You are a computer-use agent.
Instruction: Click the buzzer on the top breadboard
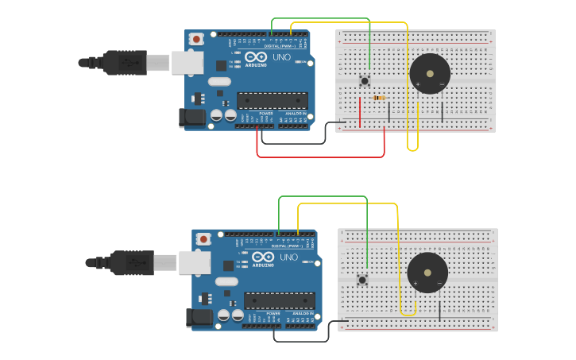[430, 74]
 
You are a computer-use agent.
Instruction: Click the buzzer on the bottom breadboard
[427, 273]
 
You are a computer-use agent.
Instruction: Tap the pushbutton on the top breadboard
[365, 80]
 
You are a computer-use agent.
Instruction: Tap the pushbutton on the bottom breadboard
[362, 279]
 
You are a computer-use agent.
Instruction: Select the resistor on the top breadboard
[380, 98]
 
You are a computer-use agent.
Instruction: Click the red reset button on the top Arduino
[196, 38]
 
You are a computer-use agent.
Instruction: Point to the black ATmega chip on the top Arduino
[273, 100]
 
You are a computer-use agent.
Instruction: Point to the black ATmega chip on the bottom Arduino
[279, 300]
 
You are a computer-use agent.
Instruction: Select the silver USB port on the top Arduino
[187, 63]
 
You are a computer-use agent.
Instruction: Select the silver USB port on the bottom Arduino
[194, 262]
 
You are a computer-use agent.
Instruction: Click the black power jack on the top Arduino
[191, 118]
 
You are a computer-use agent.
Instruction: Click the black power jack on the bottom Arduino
[199, 317]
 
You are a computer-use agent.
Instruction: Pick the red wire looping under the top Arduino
[318, 157]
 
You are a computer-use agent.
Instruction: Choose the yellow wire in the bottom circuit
[350, 204]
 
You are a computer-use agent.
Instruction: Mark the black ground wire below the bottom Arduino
[302, 341]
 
